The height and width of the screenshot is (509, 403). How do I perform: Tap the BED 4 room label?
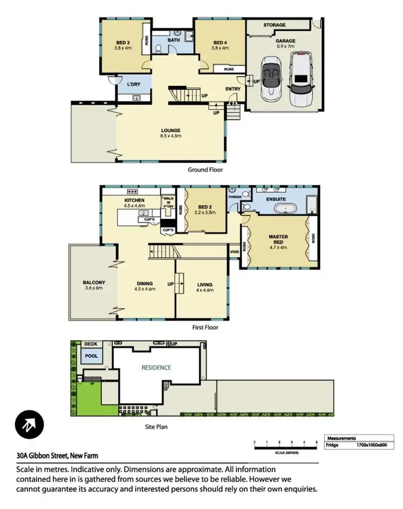click(221, 42)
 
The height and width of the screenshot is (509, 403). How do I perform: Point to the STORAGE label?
click(274, 25)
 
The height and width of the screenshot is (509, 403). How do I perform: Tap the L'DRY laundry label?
click(133, 85)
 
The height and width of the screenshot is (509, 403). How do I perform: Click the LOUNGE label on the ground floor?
click(170, 130)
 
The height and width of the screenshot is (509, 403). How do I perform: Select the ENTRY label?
click(233, 89)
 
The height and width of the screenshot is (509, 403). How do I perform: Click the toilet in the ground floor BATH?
click(159, 49)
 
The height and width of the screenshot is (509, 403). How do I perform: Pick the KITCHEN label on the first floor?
click(134, 200)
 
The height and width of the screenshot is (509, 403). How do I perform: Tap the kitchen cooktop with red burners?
click(132, 191)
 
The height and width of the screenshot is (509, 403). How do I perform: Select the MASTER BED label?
click(278, 239)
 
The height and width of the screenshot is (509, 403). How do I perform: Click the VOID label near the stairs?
click(234, 251)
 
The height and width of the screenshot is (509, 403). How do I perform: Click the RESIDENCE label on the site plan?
click(156, 368)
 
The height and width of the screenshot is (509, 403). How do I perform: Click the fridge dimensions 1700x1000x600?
click(371, 445)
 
